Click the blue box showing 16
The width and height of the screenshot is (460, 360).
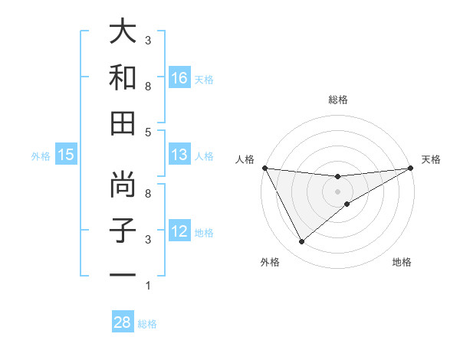179,77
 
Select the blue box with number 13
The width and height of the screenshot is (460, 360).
179,155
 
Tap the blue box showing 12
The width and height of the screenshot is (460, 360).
179,231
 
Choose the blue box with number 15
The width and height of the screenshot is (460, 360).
66,155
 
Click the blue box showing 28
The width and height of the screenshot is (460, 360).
123,322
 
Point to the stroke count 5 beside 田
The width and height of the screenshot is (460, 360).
148,132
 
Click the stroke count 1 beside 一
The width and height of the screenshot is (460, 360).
148,286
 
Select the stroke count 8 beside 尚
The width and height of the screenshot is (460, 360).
148,193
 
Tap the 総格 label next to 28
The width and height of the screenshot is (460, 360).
148,324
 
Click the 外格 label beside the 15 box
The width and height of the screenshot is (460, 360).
41,155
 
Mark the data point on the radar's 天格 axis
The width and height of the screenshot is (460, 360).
411,169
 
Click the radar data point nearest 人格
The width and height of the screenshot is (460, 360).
264,168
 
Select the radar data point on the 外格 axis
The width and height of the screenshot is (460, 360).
301,242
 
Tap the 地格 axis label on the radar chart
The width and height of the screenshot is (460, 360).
402,263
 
